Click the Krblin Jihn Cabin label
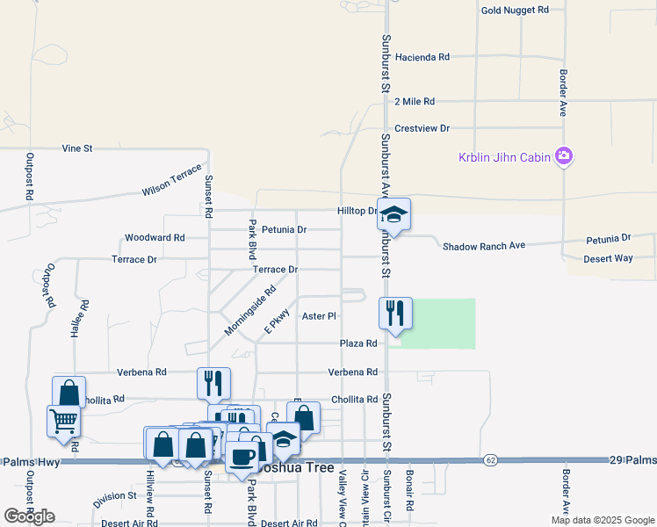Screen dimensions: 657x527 tap(504, 158)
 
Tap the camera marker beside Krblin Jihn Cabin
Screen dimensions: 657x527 tap(563, 157)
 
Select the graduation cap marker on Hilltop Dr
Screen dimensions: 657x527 tap(394, 214)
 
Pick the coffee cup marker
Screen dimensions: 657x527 tap(242, 457)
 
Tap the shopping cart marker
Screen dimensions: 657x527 tap(62, 422)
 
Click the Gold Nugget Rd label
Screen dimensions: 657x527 tap(515, 10)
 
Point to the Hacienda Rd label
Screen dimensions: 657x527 tap(422, 57)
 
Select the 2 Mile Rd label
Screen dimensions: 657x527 tap(415, 102)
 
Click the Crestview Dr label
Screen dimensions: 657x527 tap(422, 128)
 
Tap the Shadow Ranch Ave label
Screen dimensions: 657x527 tap(483, 246)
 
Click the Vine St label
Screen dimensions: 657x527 tap(77, 149)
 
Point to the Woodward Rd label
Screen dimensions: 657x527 tap(155, 238)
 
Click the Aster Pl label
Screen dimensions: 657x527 tap(319, 316)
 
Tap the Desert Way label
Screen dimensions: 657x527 tap(609, 259)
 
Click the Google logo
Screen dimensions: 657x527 tap(29, 516)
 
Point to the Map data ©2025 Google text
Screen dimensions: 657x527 tap(602, 520)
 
